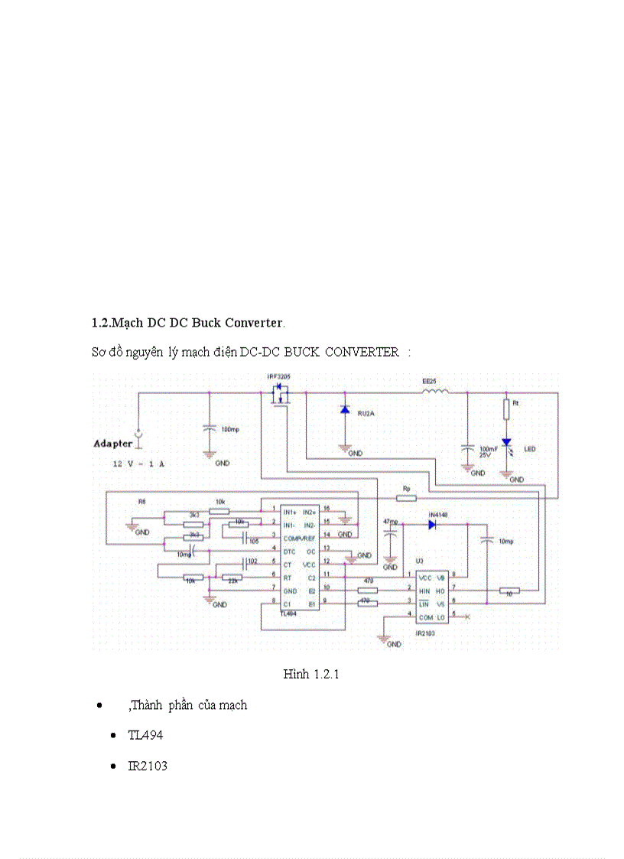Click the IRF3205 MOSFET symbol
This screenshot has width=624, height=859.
(x=279, y=395)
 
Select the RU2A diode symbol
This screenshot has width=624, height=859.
(x=345, y=411)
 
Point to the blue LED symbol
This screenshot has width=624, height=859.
(x=505, y=444)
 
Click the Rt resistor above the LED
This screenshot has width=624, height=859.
(x=505, y=409)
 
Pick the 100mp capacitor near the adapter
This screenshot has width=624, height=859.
(x=209, y=429)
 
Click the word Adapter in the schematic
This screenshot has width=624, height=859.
(x=113, y=444)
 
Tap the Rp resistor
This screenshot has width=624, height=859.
(x=406, y=498)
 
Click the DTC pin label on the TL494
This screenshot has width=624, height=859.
(x=288, y=551)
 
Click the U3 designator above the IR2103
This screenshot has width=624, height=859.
(x=419, y=561)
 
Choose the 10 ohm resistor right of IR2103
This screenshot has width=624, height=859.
(x=509, y=591)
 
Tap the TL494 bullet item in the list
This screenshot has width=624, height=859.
(x=145, y=735)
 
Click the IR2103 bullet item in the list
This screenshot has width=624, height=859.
(x=148, y=765)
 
